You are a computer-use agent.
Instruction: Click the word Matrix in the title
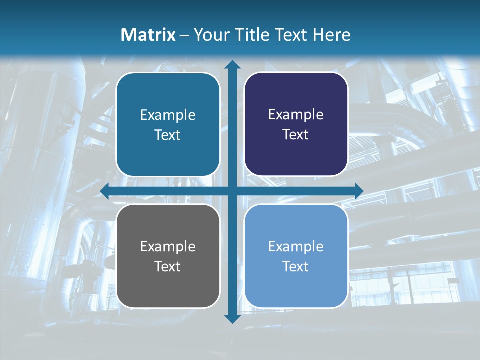point(148,35)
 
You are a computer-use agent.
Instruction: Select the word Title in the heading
point(253,35)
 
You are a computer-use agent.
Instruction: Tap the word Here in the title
point(332,35)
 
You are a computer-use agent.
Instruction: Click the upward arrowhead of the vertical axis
point(232,65)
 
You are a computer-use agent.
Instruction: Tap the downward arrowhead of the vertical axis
point(232,318)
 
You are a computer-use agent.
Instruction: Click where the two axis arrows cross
point(232,191)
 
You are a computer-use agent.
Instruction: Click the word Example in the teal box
point(168,115)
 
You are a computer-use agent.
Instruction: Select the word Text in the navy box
point(296,135)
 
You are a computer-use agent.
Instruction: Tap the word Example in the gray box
point(168,247)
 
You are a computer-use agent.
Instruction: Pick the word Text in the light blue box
point(296,266)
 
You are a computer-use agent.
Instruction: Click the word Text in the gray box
point(168,266)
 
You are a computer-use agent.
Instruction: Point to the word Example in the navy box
point(296,115)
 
